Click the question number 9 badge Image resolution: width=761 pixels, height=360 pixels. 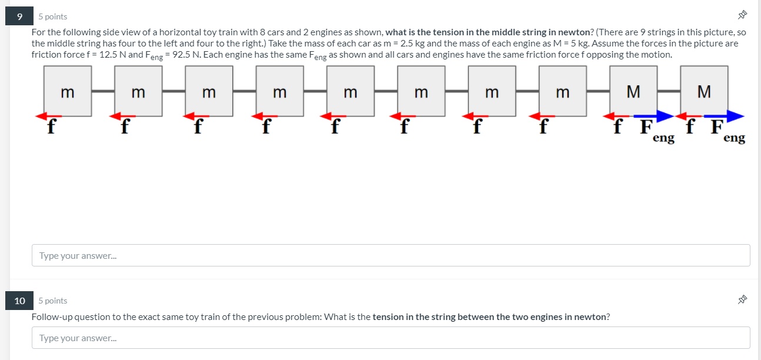pos(20,16)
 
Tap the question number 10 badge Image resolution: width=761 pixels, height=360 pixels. pos(20,301)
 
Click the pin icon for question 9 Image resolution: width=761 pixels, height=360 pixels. pos(742,16)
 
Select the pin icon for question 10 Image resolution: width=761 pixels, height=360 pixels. pos(742,300)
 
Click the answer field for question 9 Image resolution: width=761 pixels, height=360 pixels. pos(390,255)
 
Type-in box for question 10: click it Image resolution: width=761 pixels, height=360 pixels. pos(390,338)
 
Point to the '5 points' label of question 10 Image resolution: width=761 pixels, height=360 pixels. pos(53,301)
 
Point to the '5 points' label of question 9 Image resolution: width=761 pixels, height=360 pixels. pos(53,16)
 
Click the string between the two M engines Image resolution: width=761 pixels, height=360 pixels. pos(669,91)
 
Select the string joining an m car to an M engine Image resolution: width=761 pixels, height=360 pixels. pos(598,91)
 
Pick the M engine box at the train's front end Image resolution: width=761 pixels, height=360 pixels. pos(704,91)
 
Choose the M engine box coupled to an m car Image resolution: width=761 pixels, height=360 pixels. pos(633,91)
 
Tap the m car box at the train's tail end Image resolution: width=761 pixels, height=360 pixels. pos(68,91)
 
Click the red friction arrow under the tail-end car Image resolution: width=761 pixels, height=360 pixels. pos(49,116)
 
